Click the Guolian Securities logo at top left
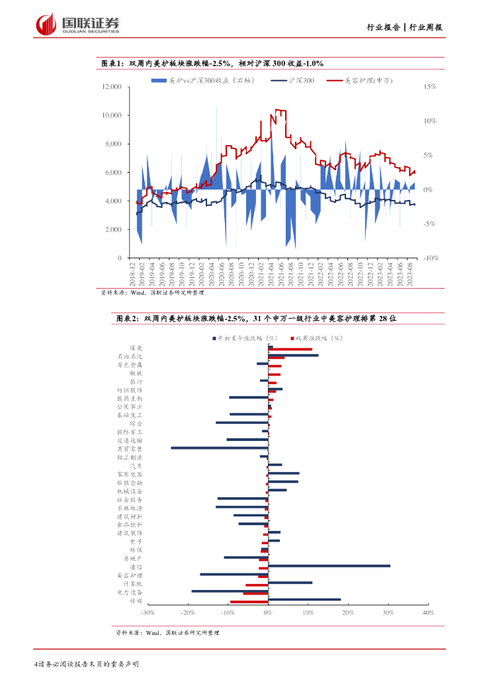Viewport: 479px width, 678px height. tap(77, 24)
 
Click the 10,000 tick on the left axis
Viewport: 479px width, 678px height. tap(112, 115)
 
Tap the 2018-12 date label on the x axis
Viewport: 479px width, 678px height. tap(132, 271)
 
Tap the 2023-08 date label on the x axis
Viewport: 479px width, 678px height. tap(410, 271)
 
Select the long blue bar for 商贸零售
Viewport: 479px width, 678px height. tap(220, 448)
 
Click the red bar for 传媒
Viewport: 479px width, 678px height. tap(249, 602)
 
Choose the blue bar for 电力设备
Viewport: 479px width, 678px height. tap(230, 591)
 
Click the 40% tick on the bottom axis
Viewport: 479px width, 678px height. tap(427, 614)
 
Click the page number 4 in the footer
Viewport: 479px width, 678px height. tap(34, 664)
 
